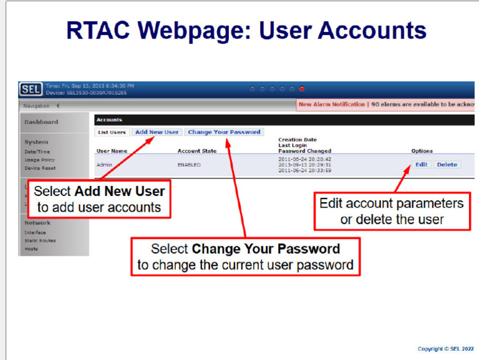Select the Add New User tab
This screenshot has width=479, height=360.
point(157,132)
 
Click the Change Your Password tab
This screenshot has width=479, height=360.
point(224,132)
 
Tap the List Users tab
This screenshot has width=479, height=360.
point(112,132)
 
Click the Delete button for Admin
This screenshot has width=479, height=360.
point(446,165)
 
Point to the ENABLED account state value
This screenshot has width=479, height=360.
point(190,165)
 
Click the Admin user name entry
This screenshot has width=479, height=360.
point(104,165)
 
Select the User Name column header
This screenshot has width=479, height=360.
point(111,151)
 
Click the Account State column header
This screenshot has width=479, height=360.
point(196,151)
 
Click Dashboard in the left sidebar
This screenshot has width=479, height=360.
point(41,122)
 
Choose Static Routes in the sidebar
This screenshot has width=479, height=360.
point(40,240)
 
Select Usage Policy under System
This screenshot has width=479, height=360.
point(39,160)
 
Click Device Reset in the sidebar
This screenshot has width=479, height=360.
point(39,168)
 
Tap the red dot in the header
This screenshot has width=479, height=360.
point(302,89)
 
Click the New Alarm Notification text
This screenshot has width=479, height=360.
point(331,104)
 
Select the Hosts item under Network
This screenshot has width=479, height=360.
point(31,248)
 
